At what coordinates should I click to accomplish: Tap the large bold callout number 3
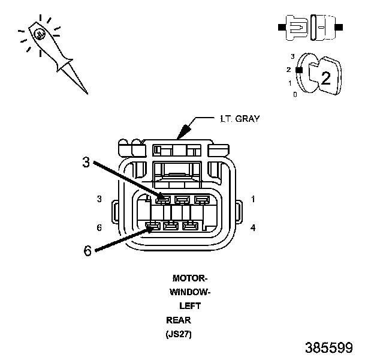[x=86, y=161]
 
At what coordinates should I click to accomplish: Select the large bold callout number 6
[x=88, y=251]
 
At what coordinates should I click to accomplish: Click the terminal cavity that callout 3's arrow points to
[x=164, y=199]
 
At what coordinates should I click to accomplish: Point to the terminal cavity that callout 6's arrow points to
[x=152, y=226]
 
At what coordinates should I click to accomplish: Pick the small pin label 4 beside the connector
[x=253, y=227]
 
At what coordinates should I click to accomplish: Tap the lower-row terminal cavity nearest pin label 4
[x=190, y=226]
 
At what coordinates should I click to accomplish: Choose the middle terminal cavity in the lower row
[x=171, y=226]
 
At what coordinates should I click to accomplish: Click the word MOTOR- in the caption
[x=189, y=278]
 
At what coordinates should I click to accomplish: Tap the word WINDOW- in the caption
[x=189, y=292]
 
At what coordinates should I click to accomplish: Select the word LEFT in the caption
[x=190, y=306]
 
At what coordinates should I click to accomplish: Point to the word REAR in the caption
[x=179, y=320]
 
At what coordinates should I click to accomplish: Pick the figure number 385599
[x=328, y=348]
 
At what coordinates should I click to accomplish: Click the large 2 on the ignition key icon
[x=325, y=77]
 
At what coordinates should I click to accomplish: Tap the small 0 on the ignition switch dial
[x=294, y=94]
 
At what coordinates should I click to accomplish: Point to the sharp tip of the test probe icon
[x=88, y=93]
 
